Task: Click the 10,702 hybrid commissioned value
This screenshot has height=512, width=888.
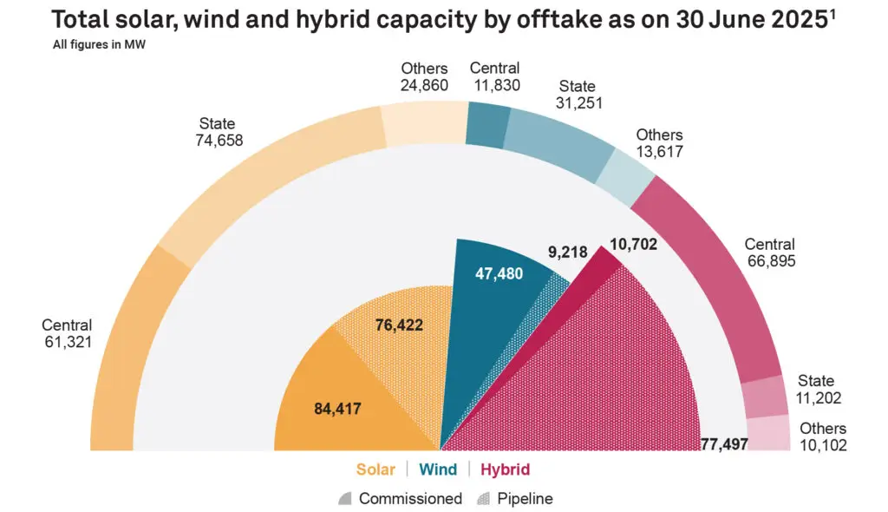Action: tap(633, 245)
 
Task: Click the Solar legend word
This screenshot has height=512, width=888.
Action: tap(375, 469)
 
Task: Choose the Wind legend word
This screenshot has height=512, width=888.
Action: tap(438, 469)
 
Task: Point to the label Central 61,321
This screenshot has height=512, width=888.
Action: tap(67, 333)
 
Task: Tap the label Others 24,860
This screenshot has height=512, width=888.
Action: tap(424, 76)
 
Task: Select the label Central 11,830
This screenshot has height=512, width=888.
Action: tap(494, 76)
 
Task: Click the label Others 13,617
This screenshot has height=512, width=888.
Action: tap(659, 143)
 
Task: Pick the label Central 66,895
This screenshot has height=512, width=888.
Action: tap(769, 253)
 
